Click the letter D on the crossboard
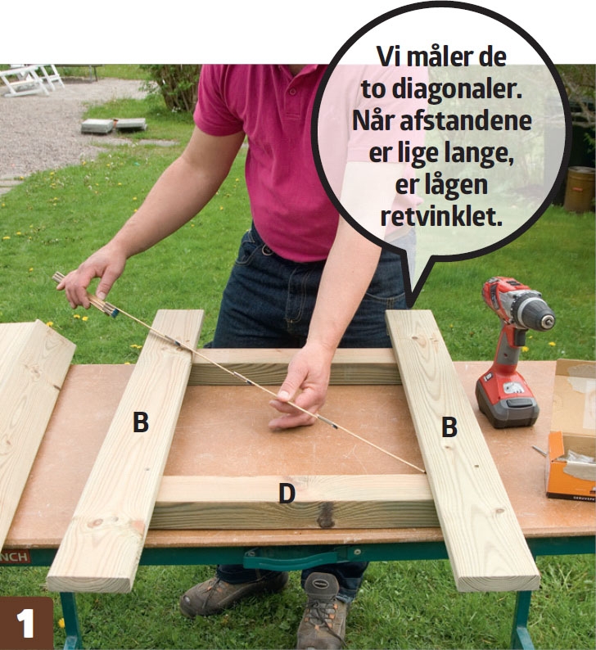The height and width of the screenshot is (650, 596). (286, 494)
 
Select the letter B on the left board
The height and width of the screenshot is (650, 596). (141, 423)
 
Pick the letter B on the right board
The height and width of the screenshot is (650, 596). (449, 427)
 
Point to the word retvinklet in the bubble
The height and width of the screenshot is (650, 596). (442, 218)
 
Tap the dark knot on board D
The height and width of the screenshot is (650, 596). (326, 515)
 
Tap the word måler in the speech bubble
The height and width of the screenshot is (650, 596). (442, 58)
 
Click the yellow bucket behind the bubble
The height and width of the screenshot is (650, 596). (580, 188)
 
